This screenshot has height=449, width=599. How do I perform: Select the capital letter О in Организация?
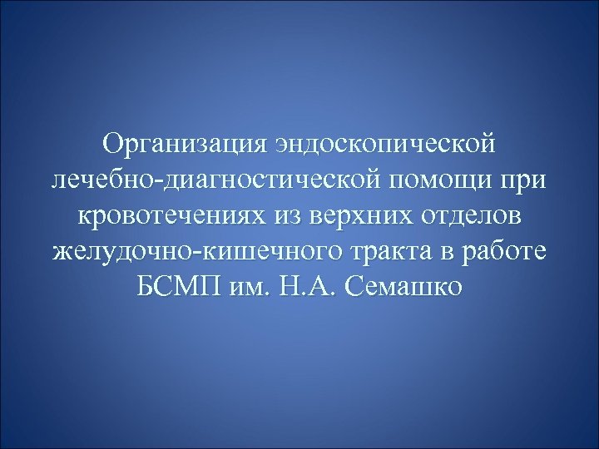click(112, 144)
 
